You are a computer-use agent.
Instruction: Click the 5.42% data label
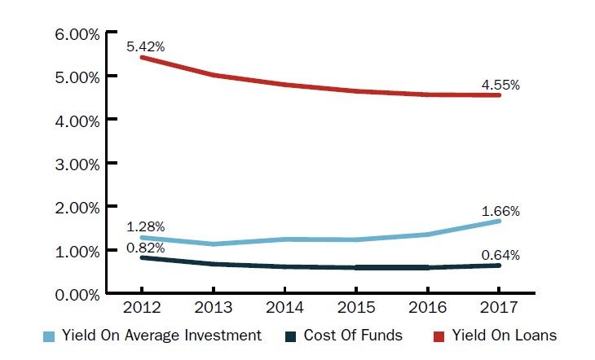146,46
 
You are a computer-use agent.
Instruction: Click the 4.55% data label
501,84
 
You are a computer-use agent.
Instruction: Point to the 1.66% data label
501,211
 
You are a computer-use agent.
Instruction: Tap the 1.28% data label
146,226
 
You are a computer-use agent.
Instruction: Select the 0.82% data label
146,248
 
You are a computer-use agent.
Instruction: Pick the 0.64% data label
501,255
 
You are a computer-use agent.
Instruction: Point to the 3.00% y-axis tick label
77,164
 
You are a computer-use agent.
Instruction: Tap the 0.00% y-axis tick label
77,294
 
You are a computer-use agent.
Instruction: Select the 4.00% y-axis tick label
77,121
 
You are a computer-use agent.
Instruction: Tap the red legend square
437,335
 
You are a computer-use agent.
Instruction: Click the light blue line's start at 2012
142,237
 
